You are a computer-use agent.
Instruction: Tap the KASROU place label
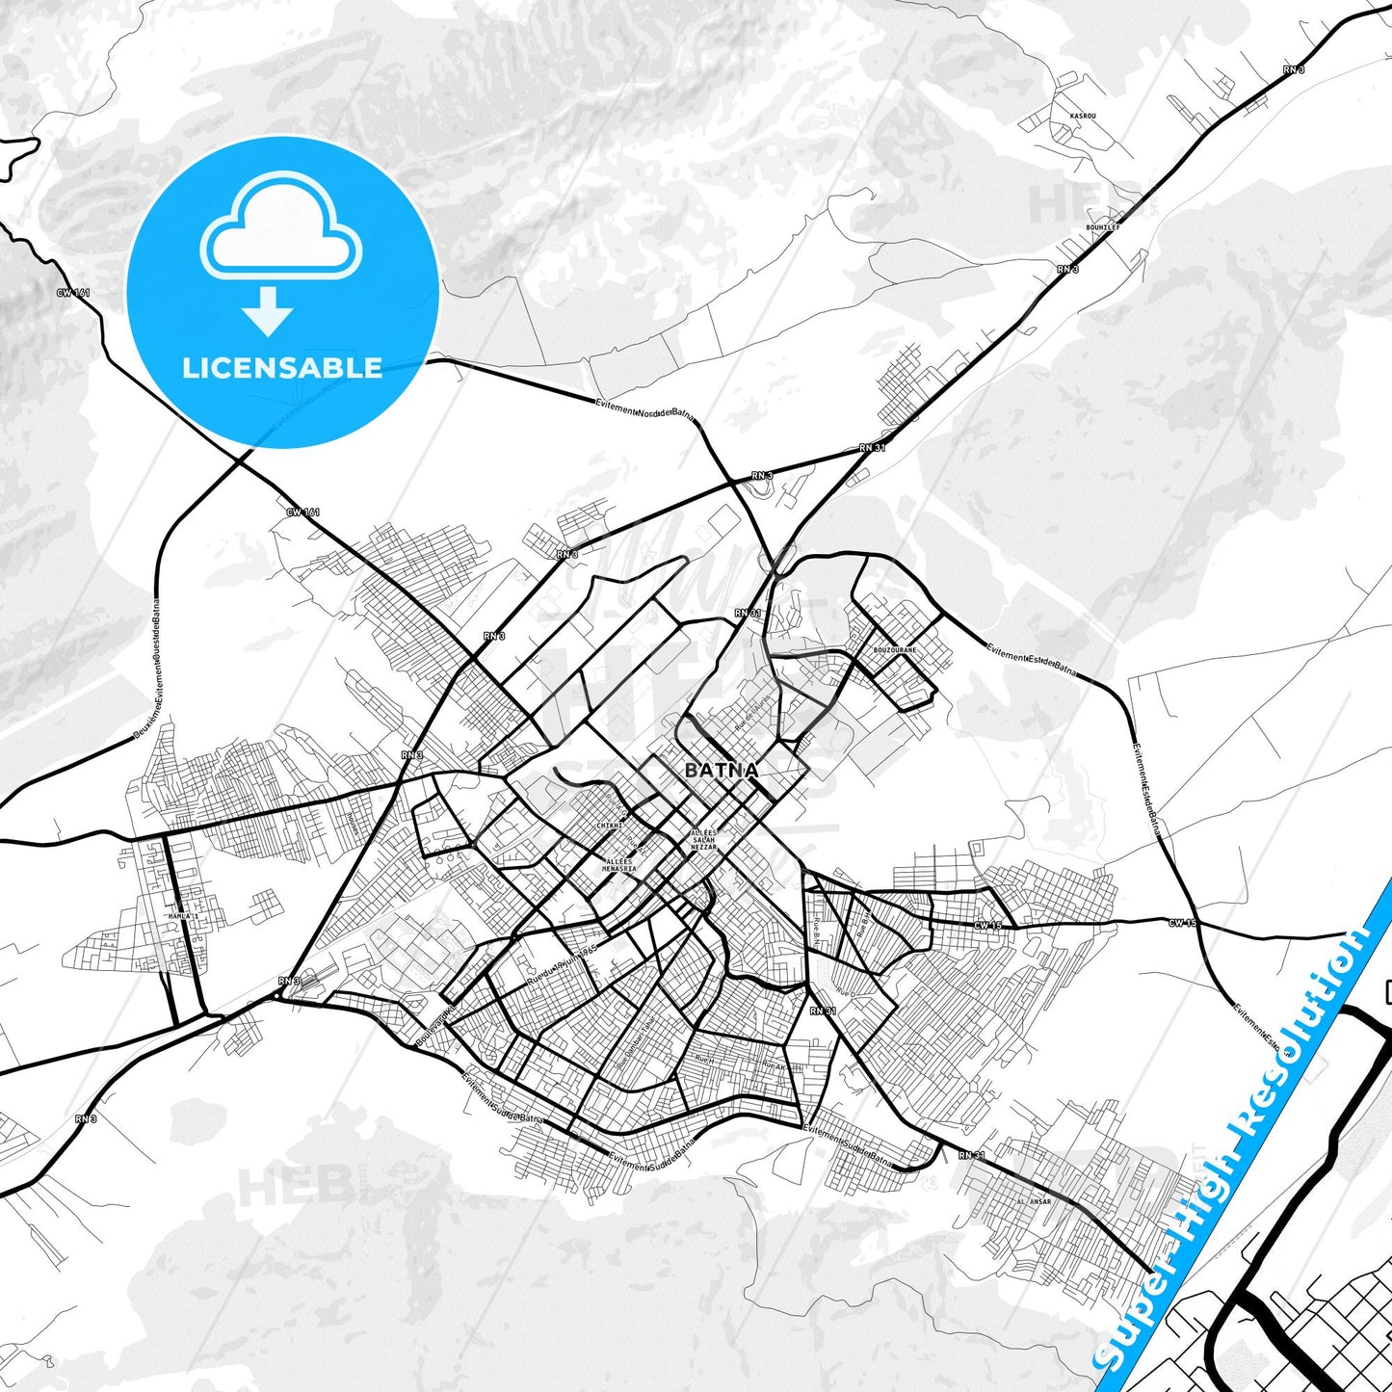(1083, 116)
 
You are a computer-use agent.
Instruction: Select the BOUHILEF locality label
(1102, 227)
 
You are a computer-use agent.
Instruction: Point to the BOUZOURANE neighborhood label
(894, 650)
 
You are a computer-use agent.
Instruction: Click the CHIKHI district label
(610, 826)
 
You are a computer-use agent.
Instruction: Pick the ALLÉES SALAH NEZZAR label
(704, 840)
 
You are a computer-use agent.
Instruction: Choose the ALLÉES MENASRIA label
(619, 865)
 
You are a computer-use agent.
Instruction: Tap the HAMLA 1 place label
(181, 916)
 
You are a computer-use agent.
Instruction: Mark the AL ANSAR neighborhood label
(1034, 1201)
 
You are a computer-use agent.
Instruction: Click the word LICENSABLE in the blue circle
(282, 367)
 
